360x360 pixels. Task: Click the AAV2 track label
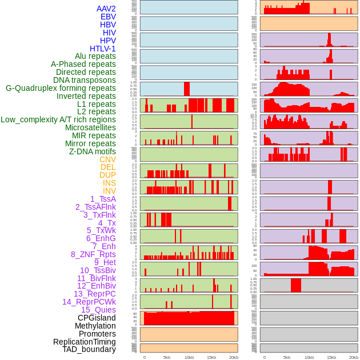pos(106,9)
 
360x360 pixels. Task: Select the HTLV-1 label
pos(103,49)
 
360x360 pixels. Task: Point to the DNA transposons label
pos(85,81)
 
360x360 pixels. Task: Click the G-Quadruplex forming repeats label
pos(61,89)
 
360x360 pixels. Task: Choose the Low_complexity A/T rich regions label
pos(58,120)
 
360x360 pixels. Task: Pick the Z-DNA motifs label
pos(93,152)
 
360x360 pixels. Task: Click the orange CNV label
pos(107,160)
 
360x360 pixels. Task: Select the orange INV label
pos(109,191)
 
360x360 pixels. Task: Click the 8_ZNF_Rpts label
pos(93,254)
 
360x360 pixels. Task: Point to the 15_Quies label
pos(98,310)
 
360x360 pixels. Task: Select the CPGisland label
pos(97,318)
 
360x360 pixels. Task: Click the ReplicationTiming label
pos(84,342)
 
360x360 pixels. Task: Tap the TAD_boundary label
pos(89,349)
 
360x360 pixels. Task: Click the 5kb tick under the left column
pos(167,357)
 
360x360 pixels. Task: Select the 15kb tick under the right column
pos(331,357)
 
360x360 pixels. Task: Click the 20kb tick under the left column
pos(234,357)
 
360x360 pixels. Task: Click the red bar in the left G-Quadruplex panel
pos(187,89)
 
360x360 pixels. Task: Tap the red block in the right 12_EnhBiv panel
pos(296,285)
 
